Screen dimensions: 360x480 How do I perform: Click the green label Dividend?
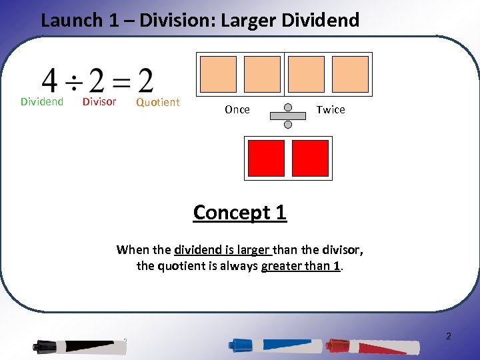click(x=42, y=102)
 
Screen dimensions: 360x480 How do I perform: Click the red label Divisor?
click(x=99, y=102)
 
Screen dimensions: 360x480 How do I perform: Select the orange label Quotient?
click(x=157, y=102)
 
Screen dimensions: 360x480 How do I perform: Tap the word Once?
click(x=237, y=110)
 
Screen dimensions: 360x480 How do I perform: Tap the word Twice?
click(x=331, y=110)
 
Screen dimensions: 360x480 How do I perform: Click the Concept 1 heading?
click(x=239, y=212)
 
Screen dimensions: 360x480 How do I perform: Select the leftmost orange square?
click(x=218, y=74)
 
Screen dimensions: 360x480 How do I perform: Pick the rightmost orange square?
click(x=350, y=74)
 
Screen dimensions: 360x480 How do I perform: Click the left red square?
click(x=266, y=158)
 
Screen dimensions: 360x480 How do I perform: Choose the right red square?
click(x=310, y=158)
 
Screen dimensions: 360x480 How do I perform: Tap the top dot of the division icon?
click(x=288, y=107)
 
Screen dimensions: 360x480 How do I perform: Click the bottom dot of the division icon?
click(x=288, y=123)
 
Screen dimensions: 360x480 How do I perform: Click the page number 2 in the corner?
click(x=448, y=336)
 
